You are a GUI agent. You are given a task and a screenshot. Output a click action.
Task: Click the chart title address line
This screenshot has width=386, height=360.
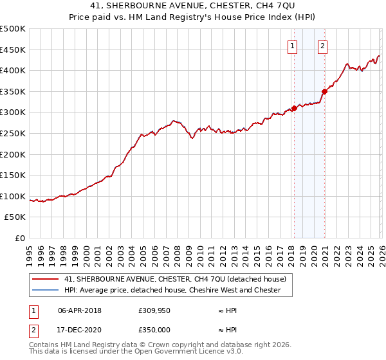[192, 6]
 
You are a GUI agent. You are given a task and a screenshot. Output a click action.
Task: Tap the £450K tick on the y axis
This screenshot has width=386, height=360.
[13, 50]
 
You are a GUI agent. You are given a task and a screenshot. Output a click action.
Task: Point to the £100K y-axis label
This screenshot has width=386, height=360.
[13, 196]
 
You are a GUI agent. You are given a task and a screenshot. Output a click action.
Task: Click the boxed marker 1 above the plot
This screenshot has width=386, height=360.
[293, 45]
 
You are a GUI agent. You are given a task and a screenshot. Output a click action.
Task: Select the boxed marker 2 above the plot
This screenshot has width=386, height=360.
[322, 45]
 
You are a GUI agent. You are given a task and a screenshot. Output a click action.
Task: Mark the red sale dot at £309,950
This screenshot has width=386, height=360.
[294, 108]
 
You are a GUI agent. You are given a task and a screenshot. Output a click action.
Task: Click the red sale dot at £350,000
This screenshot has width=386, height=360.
[325, 91]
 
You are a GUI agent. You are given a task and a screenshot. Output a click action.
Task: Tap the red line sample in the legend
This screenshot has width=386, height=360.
[45, 279]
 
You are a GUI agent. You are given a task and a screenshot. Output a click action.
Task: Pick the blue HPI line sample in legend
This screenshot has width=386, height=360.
[45, 290]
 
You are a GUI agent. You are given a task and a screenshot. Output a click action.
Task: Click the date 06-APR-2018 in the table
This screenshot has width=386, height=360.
[79, 310]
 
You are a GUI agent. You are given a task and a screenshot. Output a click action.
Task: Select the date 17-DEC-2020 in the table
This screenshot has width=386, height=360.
[79, 330]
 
